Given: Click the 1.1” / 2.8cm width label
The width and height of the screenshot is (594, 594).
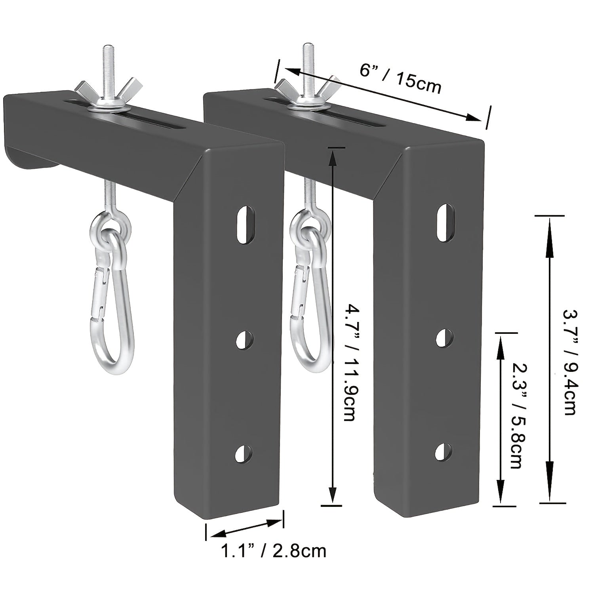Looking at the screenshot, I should click(273, 551).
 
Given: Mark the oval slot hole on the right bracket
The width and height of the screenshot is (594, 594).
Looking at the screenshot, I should click(445, 222).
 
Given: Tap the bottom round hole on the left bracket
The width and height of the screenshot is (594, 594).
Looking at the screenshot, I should click(243, 453).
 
